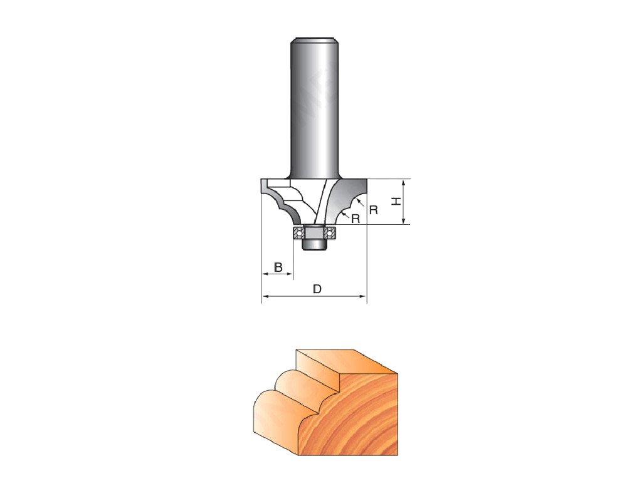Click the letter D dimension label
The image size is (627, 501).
click(317, 289)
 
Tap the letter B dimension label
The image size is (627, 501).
click(278, 267)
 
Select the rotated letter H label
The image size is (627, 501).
click(396, 202)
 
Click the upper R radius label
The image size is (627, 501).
click(374, 210)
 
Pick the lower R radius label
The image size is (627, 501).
click(356, 219)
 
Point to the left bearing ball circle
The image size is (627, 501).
click(298, 232)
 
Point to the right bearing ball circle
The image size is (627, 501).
click(330, 232)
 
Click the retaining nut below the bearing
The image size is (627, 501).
click(314, 244)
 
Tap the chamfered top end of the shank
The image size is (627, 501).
click(314, 39)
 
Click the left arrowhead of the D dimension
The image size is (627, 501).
click(265, 296)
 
